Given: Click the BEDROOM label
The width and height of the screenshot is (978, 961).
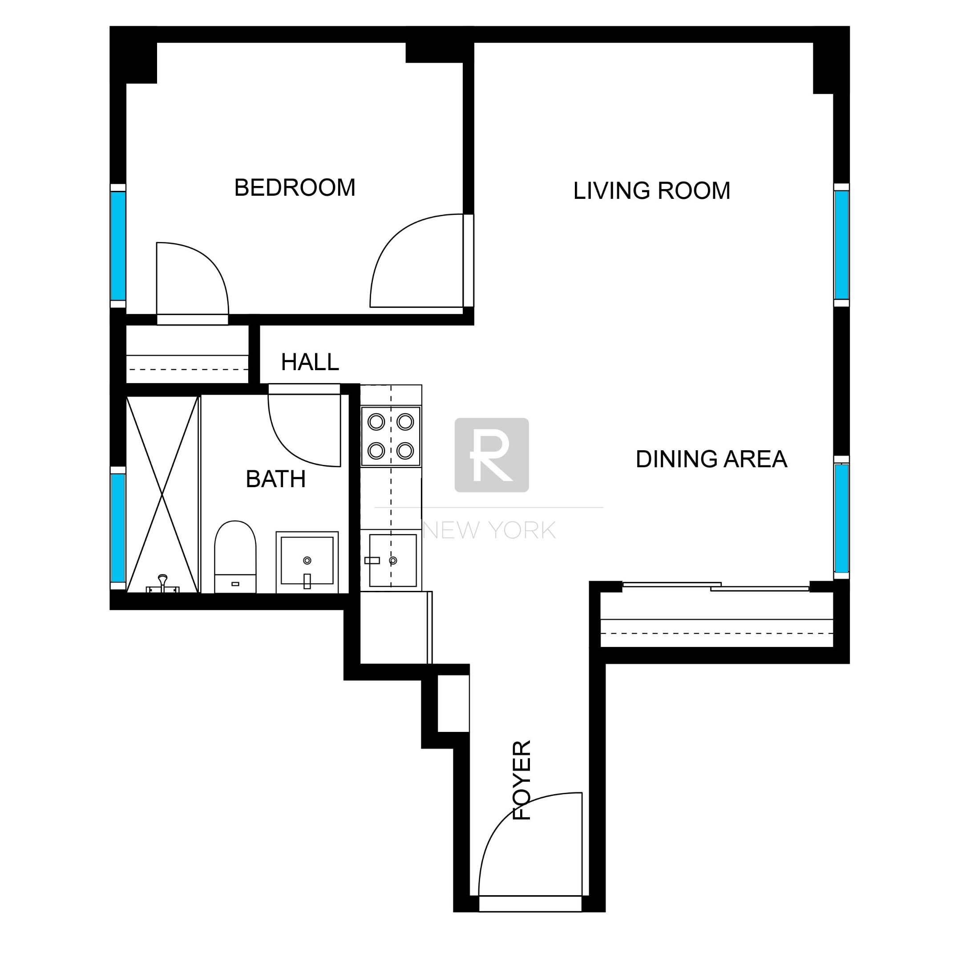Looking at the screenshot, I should [x=295, y=188].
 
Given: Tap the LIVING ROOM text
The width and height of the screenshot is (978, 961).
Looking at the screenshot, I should [x=651, y=191].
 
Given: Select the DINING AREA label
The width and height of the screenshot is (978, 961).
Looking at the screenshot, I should [x=711, y=459].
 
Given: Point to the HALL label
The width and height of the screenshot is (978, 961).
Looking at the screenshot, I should [x=309, y=362].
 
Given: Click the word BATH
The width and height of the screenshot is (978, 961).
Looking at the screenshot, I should [x=275, y=479].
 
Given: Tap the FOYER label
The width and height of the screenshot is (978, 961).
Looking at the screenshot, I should [x=522, y=780].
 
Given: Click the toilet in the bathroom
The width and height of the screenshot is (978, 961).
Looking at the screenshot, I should [x=235, y=557].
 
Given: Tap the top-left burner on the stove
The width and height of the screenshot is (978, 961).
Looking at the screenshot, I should [x=376, y=421].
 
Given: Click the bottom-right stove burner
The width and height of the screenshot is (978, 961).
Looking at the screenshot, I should [x=405, y=450].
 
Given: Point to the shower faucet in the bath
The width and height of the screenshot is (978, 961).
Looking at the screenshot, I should [x=162, y=582].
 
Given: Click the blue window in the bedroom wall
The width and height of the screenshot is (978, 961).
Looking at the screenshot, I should [x=118, y=246].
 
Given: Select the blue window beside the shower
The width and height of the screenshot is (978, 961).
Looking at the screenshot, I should [x=118, y=528].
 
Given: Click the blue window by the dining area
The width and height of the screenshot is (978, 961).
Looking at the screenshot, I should [x=841, y=517].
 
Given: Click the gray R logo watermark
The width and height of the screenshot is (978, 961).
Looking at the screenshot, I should [x=492, y=455].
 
